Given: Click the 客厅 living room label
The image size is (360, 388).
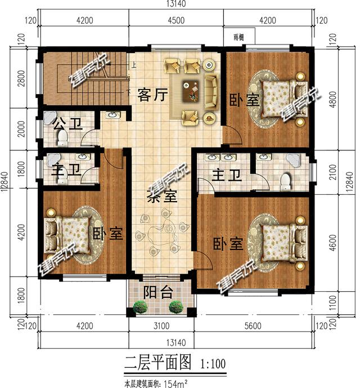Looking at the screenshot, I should pyautogui.click(x=152, y=95).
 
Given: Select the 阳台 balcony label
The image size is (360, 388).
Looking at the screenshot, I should pyautogui.click(x=158, y=292).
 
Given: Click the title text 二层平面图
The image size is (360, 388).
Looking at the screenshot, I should pyautogui.click(x=158, y=363).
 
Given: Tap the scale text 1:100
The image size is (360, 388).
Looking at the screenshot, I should pyautogui.click(x=212, y=363).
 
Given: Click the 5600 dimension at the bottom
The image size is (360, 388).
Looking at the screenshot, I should pyautogui.click(x=252, y=325).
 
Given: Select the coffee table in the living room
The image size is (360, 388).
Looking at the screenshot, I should pyautogui.click(x=193, y=90).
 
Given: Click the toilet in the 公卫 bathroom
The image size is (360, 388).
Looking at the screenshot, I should pyautogui.click(x=62, y=137).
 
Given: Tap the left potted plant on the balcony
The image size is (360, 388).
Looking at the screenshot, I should pyautogui.click(x=140, y=307).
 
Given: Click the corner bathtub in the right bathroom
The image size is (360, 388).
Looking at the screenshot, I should pyautogui.click(x=297, y=160).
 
